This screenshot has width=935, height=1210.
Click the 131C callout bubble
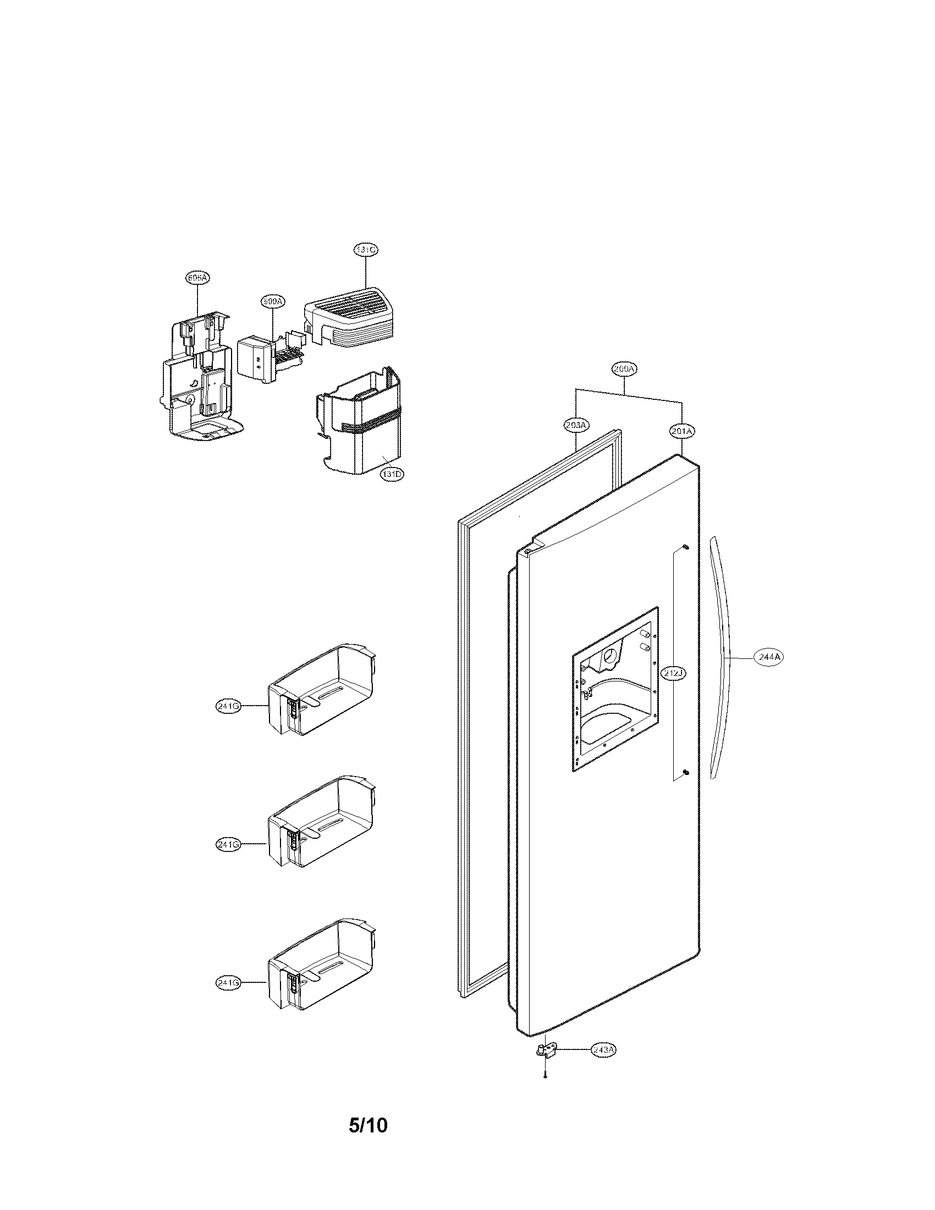point(366,250)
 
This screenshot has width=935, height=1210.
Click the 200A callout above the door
point(625,369)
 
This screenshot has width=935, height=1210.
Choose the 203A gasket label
point(576,425)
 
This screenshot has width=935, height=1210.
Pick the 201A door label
point(682,431)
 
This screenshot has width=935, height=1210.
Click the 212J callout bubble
point(674,673)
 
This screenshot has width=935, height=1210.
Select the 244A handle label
point(769,657)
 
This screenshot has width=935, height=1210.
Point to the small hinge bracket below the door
point(546,1050)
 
